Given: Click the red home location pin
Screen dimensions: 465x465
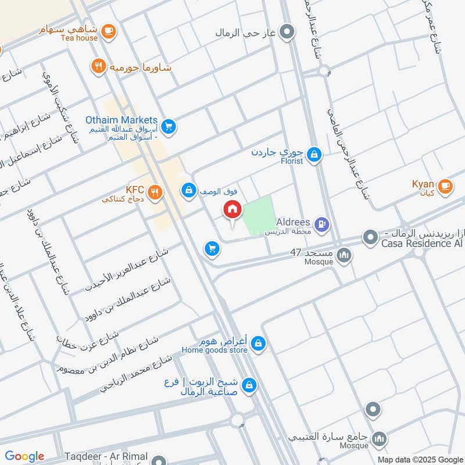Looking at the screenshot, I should [x=232, y=210].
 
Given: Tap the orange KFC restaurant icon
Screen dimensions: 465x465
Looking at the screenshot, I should [x=155, y=192].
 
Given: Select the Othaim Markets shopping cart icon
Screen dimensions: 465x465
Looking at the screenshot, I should [x=169, y=126].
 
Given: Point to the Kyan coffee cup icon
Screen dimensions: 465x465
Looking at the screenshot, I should [x=445, y=186].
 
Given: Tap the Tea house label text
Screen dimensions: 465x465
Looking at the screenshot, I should [x=80, y=38].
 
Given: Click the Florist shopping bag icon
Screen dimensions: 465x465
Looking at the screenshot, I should [x=314, y=154].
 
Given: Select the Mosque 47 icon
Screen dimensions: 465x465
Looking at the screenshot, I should [x=345, y=255].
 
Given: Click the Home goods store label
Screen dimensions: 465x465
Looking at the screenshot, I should [x=214, y=350].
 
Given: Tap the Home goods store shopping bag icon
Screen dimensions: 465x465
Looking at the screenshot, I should [x=259, y=344].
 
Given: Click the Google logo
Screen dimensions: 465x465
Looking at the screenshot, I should [x=24, y=456].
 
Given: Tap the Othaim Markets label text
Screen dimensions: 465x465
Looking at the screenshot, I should [x=121, y=120].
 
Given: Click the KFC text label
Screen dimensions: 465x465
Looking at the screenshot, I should [x=134, y=189].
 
